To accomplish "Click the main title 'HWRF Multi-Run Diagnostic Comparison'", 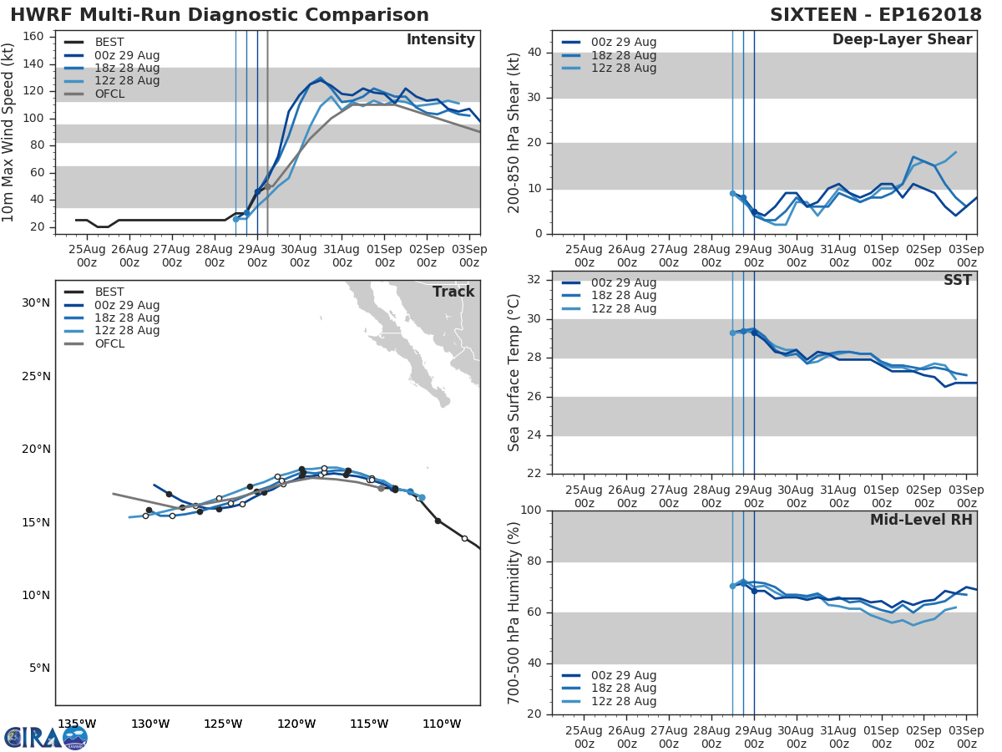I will point(220,15).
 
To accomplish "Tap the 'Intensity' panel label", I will point(440,40).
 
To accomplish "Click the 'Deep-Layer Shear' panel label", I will point(902,40).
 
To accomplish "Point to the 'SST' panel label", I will point(957,281).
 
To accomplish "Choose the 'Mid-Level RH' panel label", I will point(920,521).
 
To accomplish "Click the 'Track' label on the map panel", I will point(453,292).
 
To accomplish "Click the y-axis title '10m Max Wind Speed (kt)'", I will point(9,134).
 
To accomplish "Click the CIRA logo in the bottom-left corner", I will point(45,737).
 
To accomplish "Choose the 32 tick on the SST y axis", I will point(535,280).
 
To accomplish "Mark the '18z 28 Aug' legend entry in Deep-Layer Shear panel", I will point(623,55).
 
